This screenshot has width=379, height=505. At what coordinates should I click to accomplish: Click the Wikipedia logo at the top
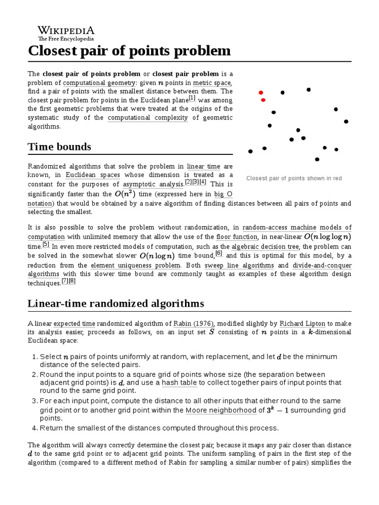pyautogui.click(x=66, y=33)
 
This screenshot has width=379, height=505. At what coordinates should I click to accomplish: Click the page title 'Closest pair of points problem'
pyautogui.click(x=129, y=51)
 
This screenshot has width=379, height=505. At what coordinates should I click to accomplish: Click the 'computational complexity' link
pyautogui.click(x=148, y=117)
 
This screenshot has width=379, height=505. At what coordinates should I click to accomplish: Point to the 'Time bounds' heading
pyautogui.click(x=60, y=147)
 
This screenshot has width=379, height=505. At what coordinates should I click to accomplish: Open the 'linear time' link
pyautogui.click(x=202, y=166)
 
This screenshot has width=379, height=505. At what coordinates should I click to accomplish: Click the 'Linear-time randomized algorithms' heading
pyautogui.click(x=116, y=303)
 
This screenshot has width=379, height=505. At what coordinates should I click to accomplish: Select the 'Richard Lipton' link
pyautogui.click(x=302, y=324)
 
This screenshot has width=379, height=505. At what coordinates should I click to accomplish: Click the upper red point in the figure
pyautogui.click(x=261, y=92)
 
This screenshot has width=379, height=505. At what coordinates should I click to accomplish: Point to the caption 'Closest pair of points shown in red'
pyautogui.click(x=294, y=178)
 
